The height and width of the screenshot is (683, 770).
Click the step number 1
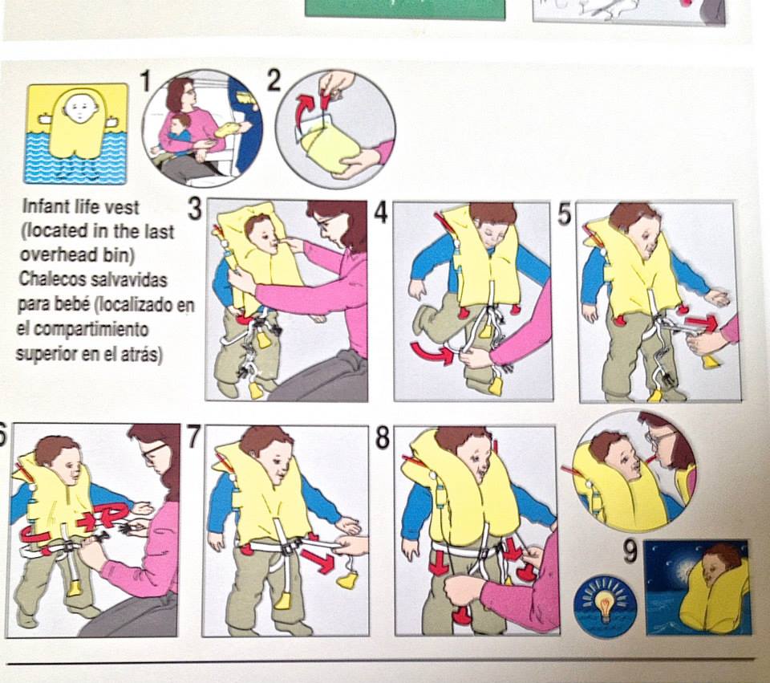tap(146, 81)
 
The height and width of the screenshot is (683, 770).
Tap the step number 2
tap(274, 80)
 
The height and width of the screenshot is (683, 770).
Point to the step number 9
tap(630, 551)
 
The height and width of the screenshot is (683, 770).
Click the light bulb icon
tap(605, 600)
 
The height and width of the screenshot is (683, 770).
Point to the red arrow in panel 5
tap(701, 323)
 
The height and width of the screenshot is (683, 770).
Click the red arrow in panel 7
tap(318, 562)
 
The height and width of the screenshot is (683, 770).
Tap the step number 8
tap(383, 437)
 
